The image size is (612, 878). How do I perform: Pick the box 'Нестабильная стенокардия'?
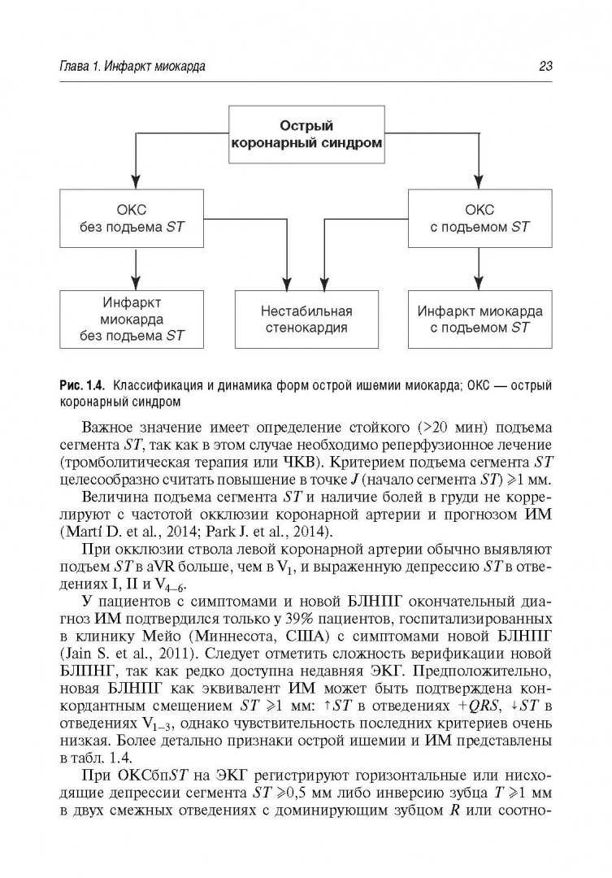(x=305, y=319)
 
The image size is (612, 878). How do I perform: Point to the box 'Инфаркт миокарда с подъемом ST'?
(x=480, y=319)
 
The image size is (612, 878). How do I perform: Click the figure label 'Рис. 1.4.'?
(x=82, y=384)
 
